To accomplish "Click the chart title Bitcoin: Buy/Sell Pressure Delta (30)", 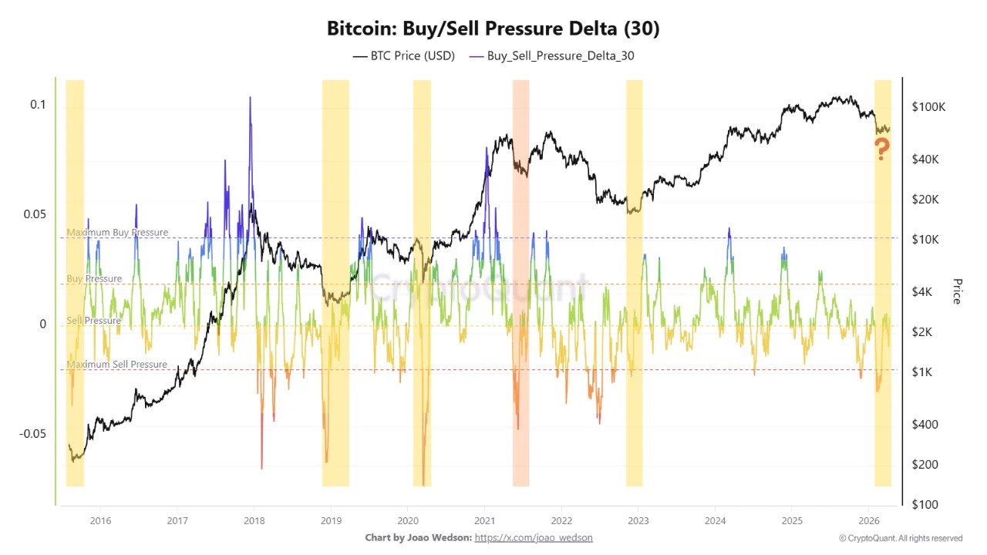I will (x=493, y=29).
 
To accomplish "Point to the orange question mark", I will (x=881, y=149).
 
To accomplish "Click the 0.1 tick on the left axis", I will (x=38, y=105).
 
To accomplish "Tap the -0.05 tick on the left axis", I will (x=32, y=433).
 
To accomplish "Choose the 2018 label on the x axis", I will (x=254, y=520).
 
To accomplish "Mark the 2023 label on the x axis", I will (x=638, y=520).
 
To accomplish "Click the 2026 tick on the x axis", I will (x=869, y=520).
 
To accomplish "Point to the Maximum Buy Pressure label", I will (x=116, y=232).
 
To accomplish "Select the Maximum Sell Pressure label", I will (x=116, y=365).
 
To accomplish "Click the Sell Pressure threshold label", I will (x=93, y=321).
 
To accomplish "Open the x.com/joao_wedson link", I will (x=534, y=537).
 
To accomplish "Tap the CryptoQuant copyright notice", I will (x=900, y=538).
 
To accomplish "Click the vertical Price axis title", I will (x=957, y=291).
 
